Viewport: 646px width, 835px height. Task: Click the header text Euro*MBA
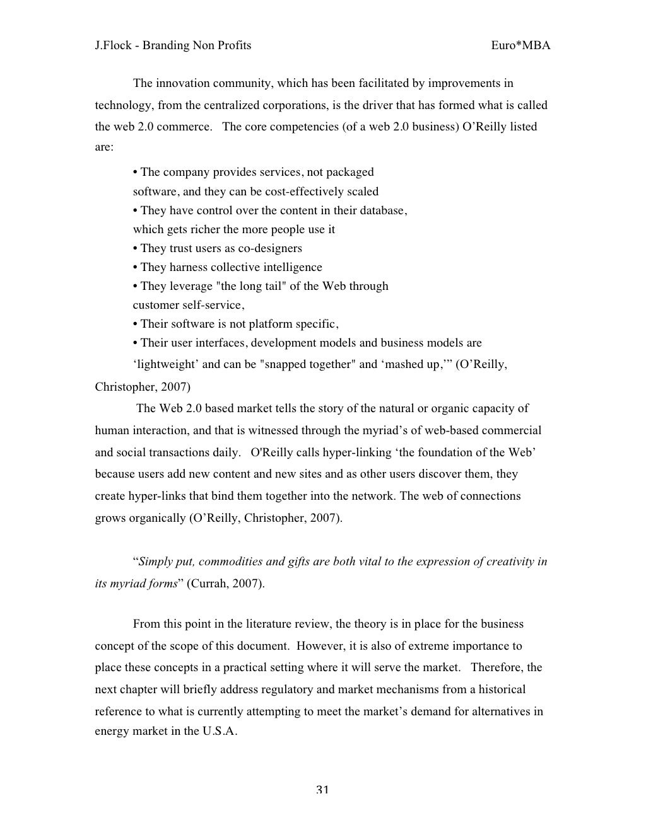coord(520,45)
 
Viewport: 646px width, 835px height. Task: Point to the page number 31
coord(322,790)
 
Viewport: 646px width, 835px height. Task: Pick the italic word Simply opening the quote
coord(155,562)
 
